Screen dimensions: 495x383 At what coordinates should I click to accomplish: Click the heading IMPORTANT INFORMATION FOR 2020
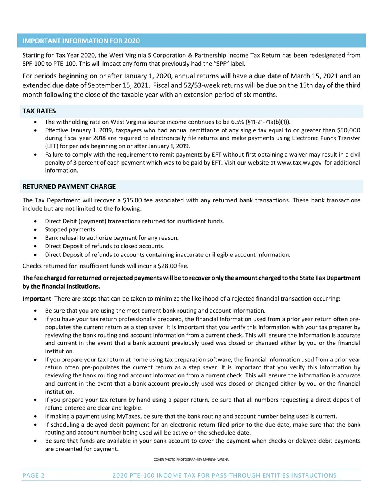81,41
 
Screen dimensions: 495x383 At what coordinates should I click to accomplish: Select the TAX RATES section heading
39,111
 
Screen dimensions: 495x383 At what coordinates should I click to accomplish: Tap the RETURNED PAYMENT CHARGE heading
69,187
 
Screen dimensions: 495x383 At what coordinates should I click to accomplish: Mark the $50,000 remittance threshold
348,130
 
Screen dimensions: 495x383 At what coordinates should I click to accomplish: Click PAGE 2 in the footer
33,476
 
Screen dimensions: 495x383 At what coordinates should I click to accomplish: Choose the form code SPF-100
35,64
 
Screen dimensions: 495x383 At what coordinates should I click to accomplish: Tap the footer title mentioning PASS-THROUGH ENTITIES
224,476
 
